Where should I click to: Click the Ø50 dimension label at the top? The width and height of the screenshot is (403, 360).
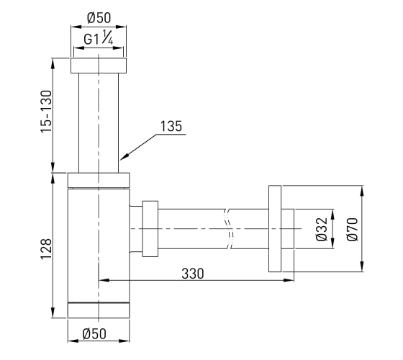[99, 18]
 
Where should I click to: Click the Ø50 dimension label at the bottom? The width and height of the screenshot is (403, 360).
[94, 334]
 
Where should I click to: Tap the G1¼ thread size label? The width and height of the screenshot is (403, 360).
[99, 37]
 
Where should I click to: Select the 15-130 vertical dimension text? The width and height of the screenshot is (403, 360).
[46, 112]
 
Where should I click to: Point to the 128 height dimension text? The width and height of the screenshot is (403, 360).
[47, 249]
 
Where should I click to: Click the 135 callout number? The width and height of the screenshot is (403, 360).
[171, 126]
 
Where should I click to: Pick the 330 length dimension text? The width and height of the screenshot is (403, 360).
[193, 274]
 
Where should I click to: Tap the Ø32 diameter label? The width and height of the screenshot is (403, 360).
[322, 230]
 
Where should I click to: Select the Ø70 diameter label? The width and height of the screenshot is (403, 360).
[352, 230]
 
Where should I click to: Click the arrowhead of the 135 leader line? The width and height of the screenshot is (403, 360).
[123, 158]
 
